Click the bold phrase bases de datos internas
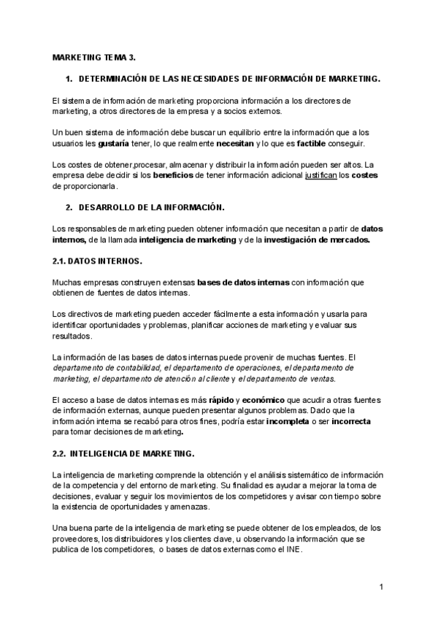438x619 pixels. [x=244, y=282]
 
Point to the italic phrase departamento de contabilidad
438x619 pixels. [x=98, y=369]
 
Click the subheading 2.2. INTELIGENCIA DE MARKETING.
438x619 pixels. [x=123, y=453]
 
